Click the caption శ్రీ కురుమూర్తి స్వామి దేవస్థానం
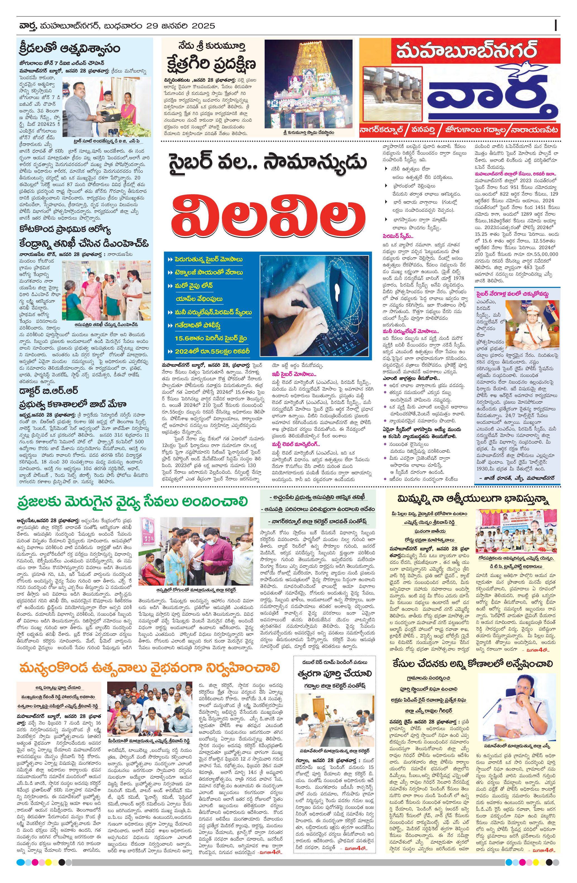click(x=308, y=132)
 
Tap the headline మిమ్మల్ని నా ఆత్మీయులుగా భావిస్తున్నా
click(x=473, y=500)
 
